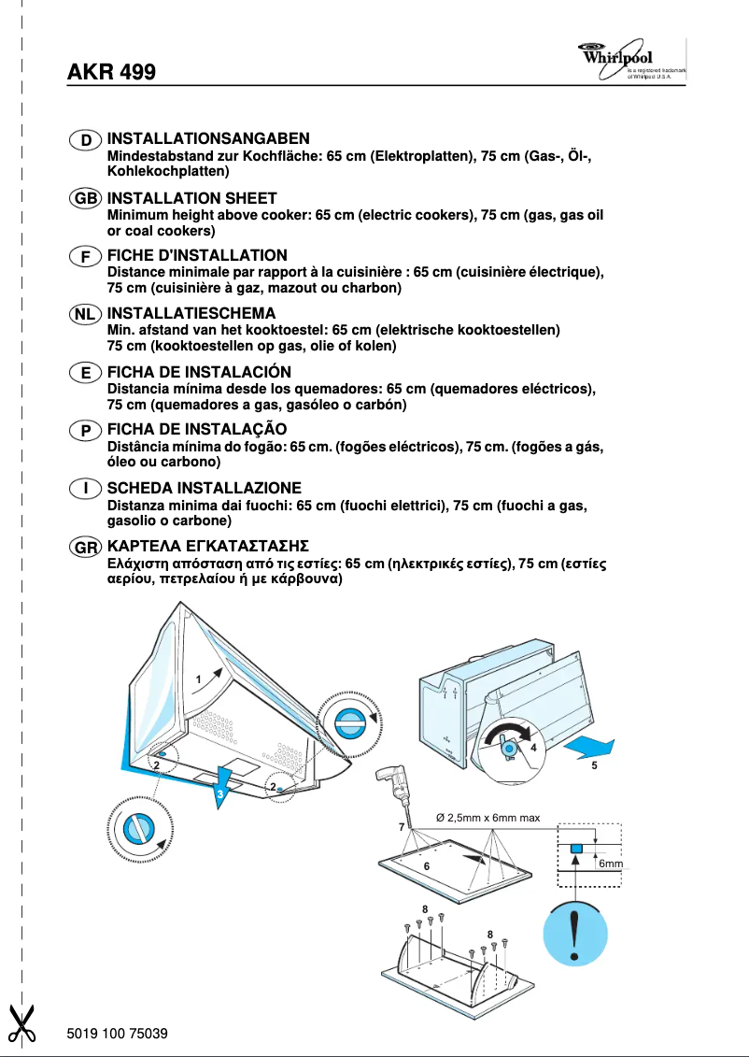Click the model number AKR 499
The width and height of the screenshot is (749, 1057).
pos(111,72)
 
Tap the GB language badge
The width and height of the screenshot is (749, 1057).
pos(86,198)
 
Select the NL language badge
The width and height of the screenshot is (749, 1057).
pos(86,314)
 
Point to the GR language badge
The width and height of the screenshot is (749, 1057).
pos(86,546)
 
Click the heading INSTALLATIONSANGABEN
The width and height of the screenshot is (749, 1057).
pos(207,139)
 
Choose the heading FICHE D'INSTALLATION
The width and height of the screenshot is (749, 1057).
pos(197,255)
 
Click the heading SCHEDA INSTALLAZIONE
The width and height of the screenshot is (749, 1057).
pos(204,488)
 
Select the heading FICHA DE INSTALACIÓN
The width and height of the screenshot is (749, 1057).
pos(199,372)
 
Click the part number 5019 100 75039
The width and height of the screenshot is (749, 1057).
pos(118,1033)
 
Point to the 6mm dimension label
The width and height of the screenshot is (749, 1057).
pos(610,864)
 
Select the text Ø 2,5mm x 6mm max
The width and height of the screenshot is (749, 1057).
pos(488,818)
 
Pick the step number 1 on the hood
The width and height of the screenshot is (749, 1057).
pos(198,678)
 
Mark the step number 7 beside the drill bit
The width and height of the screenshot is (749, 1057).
pos(401,827)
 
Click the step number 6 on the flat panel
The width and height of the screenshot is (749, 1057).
pos(426,866)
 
